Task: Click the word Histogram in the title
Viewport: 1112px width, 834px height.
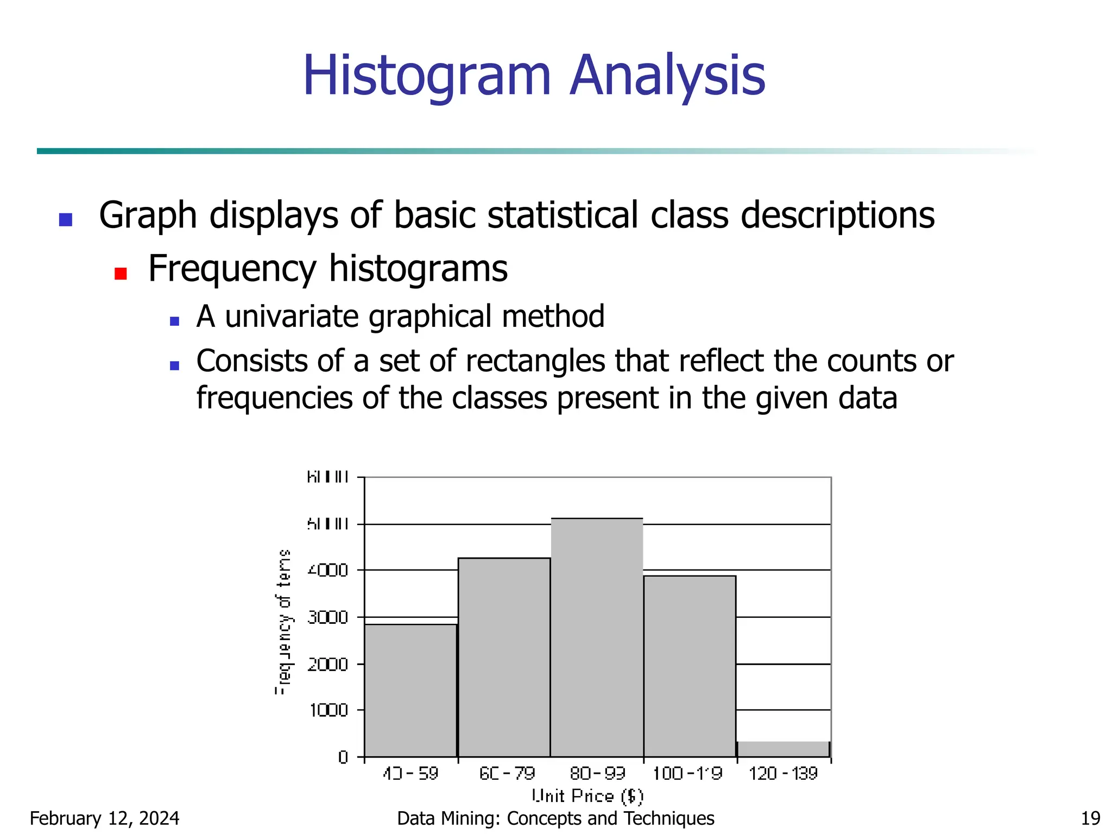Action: coord(427,76)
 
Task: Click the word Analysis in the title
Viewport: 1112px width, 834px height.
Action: coord(667,76)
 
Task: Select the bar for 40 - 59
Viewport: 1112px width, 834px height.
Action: coord(410,690)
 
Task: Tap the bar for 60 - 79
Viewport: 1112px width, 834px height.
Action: coord(504,657)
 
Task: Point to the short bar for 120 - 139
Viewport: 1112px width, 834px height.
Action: coord(783,749)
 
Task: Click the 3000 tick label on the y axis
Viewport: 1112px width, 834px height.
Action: coord(327,617)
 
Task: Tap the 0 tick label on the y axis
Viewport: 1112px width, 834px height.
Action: coord(343,757)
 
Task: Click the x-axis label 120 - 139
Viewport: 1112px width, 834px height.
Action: coord(783,773)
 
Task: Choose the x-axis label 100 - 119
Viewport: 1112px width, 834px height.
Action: coord(687,773)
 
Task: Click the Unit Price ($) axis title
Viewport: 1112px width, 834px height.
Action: coord(587,796)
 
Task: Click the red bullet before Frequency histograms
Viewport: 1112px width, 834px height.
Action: coord(121,273)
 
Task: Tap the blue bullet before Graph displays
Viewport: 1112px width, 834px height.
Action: coord(66,219)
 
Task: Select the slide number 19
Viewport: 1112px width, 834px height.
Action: coord(1090,818)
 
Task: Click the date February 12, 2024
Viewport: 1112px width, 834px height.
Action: coord(104,818)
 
